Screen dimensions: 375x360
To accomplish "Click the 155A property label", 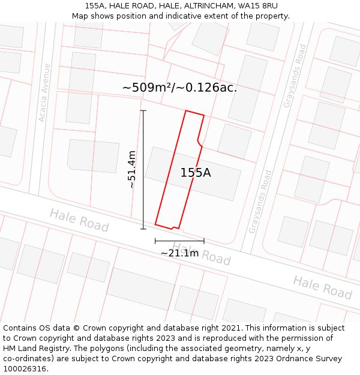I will (196, 173).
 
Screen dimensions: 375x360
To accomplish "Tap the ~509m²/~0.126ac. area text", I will (179, 88).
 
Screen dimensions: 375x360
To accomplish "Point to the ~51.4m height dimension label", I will (132, 170).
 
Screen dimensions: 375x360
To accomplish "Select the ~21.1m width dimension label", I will (179, 253).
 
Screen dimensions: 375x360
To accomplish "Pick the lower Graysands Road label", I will (260, 202).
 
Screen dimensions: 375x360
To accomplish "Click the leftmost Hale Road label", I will (79, 220).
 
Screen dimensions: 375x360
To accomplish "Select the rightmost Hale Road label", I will (322, 287).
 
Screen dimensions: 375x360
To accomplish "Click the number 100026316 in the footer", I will (25, 369).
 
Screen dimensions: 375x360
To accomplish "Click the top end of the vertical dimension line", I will (143, 111).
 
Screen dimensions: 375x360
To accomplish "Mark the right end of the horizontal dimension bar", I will (204, 241).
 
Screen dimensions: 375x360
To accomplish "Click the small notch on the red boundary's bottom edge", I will (173, 227).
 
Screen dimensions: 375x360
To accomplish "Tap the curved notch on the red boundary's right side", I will (199, 142).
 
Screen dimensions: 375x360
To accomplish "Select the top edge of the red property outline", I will (195, 113).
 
